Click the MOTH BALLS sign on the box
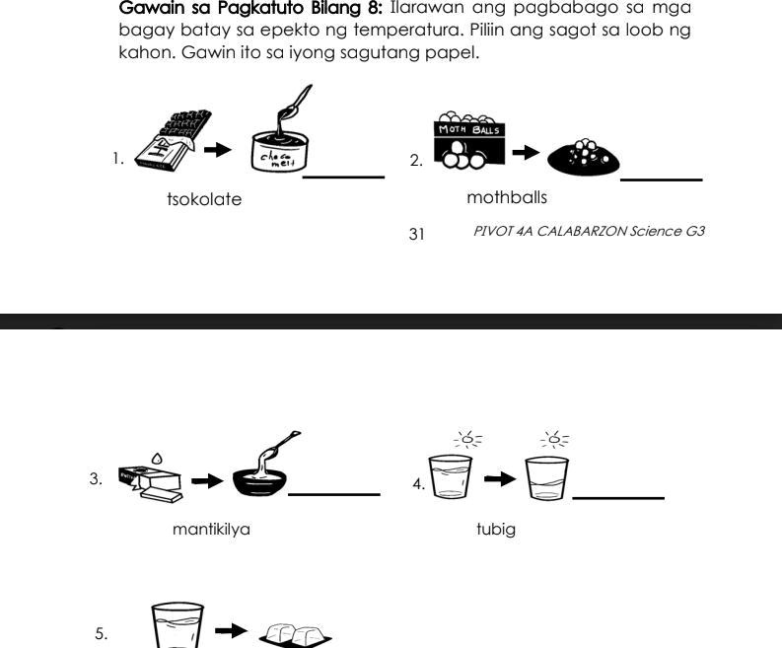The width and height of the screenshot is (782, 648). tap(468, 130)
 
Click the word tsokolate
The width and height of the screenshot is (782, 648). tap(204, 199)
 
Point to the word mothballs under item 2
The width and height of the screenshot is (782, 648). tap(507, 198)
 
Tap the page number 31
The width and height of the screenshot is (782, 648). tap(416, 234)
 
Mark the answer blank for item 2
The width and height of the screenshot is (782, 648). tap(661, 179)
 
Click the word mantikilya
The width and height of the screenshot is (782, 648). tap(211, 530)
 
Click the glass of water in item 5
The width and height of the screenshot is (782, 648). tap(178, 627)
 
